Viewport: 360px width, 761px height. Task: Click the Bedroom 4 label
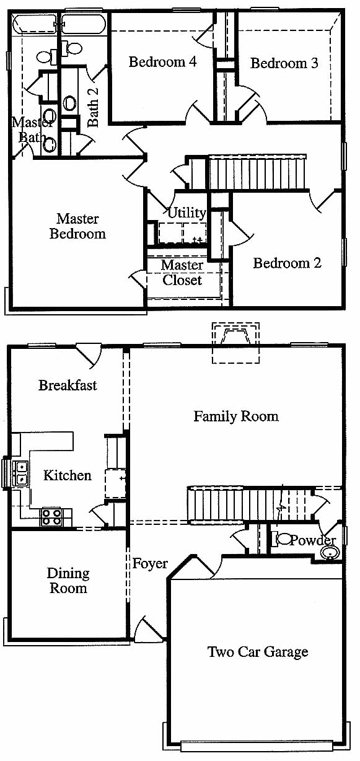coord(163,62)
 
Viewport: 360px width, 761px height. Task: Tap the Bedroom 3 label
coord(284,63)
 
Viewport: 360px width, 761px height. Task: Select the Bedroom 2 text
coord(287,263)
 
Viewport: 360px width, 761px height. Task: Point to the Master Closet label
coord(182,273)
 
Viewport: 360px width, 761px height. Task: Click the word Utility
coord(187,213)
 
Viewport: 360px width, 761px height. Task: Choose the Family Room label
coord(236,416)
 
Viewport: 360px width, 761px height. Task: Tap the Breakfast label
coord(68,385)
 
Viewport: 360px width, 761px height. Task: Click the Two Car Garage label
coord(258,651)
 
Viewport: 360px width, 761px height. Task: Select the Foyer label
coord(150,563)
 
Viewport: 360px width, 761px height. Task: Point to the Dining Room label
coord(68,581)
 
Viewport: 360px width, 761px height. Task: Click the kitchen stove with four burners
coord(51,517)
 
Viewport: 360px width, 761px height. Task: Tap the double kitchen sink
coord(20,474)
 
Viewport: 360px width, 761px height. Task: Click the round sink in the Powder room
coord(330,552)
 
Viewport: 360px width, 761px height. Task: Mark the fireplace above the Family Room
coord(235,343)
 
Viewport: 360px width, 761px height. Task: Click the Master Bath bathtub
coord(34,23)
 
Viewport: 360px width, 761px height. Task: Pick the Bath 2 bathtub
coord(84,23)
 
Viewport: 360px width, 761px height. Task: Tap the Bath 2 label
coord(93,107)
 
